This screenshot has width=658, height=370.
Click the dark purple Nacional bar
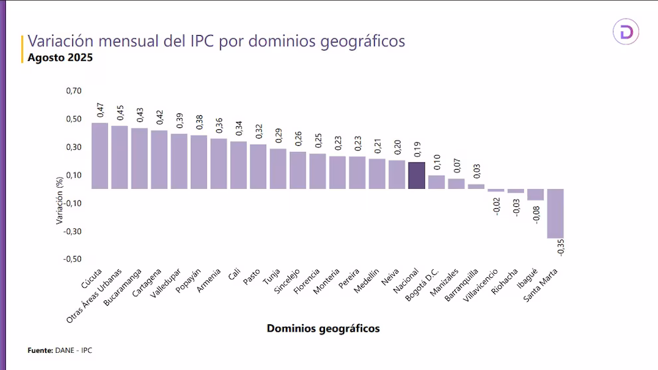[417, 176]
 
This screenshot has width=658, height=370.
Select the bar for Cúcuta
[99, 156]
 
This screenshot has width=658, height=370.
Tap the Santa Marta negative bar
[555, 213]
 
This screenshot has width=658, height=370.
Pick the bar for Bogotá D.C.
[436, 182]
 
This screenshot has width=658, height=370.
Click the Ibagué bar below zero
[535, 194]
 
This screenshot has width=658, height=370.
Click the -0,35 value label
[560, 248]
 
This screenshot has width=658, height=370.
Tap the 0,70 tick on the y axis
[74, 91]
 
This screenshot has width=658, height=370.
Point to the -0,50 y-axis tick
[72, 259]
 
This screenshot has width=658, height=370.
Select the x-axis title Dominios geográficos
[323, 328]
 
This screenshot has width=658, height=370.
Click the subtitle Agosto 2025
[60, 58]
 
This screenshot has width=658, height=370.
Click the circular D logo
[625, 31]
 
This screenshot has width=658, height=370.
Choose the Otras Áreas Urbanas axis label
[96, 295]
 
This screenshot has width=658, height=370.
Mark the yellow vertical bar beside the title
[23, 48]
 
